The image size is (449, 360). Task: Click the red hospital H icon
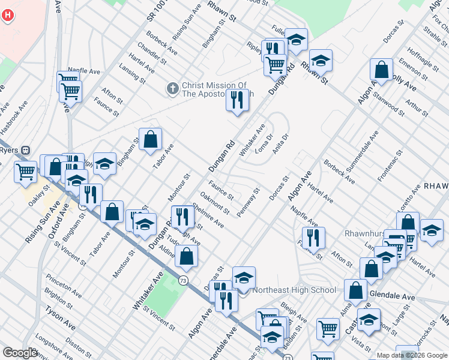point(7,15)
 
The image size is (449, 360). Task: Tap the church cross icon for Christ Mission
point(172,89)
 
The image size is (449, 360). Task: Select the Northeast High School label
point(294,290)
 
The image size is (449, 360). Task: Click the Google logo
point(20,353)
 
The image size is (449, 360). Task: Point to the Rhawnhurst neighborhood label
point(366,233)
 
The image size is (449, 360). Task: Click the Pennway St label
point(248,203)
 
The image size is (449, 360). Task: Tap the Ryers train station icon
point(25,150)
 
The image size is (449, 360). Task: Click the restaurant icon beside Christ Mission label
point(238,100)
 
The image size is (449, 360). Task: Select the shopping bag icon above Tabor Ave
point(150,140)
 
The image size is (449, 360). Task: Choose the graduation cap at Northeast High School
point(244,278)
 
